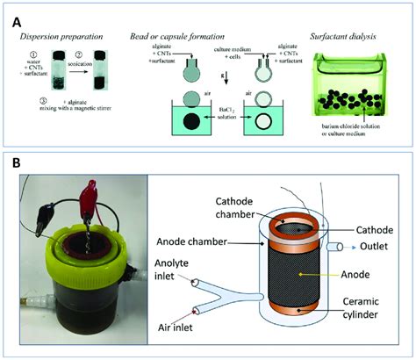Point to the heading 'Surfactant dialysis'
coord(348,35)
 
